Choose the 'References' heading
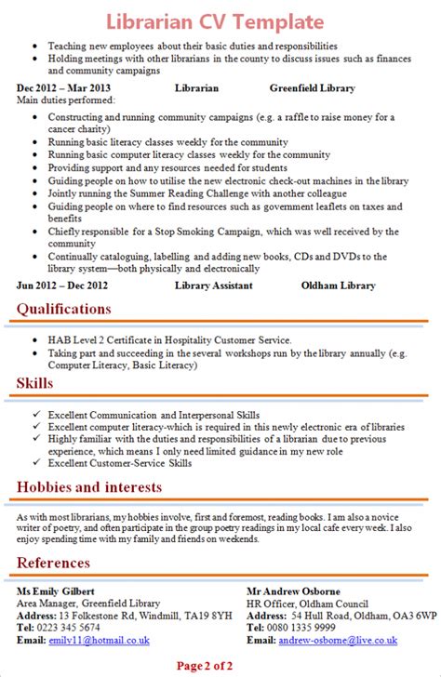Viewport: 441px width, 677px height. (x=53, y=563)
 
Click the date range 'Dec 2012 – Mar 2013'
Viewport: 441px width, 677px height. (x=63, y=88)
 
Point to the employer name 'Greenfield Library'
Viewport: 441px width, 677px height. (x=312, y=88)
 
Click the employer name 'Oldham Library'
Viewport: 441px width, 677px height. (x=337, y=285)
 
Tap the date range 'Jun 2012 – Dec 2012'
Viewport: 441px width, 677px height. (x=62, y=285)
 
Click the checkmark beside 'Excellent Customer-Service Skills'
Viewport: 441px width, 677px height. (x=34, y=462)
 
